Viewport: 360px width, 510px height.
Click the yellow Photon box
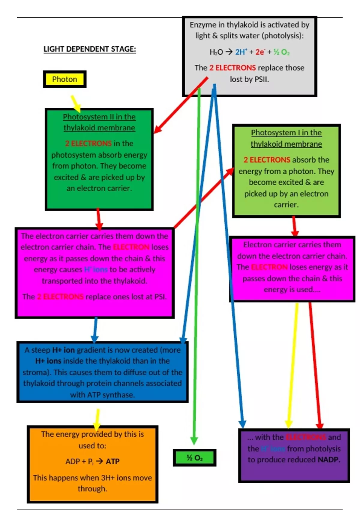pos(64,79)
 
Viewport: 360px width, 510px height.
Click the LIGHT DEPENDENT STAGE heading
pos(90,49)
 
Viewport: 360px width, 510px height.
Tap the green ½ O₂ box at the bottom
pos(194,458)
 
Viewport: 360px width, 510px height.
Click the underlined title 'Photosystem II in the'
pos(99,117)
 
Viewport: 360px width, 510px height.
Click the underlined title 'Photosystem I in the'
pos(286,133)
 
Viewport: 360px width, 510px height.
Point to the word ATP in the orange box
pos(112,461)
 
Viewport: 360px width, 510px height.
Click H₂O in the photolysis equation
pos(216,52)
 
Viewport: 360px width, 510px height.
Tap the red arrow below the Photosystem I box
pos(295,226)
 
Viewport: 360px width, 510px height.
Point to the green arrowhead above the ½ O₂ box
pos(194,440)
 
